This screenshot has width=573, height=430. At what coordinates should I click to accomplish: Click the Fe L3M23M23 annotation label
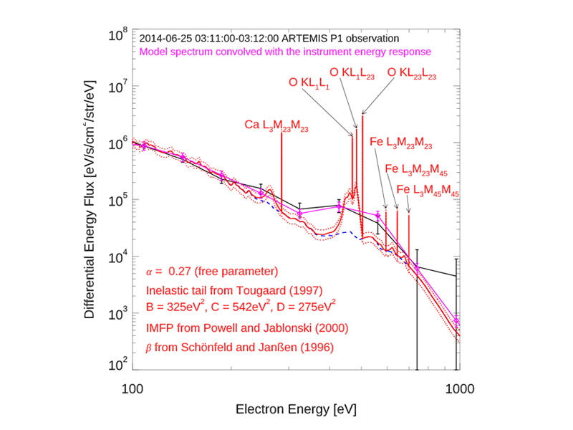click(x=401, y=143)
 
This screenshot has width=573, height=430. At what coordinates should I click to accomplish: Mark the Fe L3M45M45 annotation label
click(x=428, y=190)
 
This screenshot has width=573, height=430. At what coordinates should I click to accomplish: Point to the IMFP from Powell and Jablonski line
click(x=247, y=328)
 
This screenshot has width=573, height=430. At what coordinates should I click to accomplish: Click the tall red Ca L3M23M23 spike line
click(x=281, y=172)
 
